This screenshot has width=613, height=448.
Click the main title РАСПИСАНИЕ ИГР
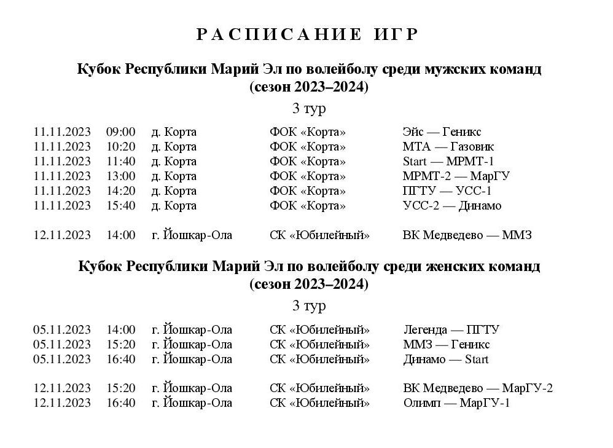click(x=307, y=34)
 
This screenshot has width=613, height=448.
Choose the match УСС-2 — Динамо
click(x=451, y=206)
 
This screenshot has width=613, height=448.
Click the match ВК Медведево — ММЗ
click(x=467, y=235)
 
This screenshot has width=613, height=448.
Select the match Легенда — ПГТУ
click(x=451, y=330)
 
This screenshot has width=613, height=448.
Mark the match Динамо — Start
click(x=445, y=360)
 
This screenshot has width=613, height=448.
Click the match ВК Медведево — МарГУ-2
click(x=478, y=388)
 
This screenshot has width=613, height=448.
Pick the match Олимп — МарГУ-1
click(x=456, y=403)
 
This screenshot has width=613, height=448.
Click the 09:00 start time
click(x=120, y=132)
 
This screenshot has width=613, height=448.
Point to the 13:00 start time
click(x=120, y=176)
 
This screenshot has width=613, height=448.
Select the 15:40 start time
click(x=120, y=206)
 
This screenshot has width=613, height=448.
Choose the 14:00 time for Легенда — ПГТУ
click(x=120, y=330)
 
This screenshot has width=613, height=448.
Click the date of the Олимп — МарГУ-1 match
click(x=62, y=403)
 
